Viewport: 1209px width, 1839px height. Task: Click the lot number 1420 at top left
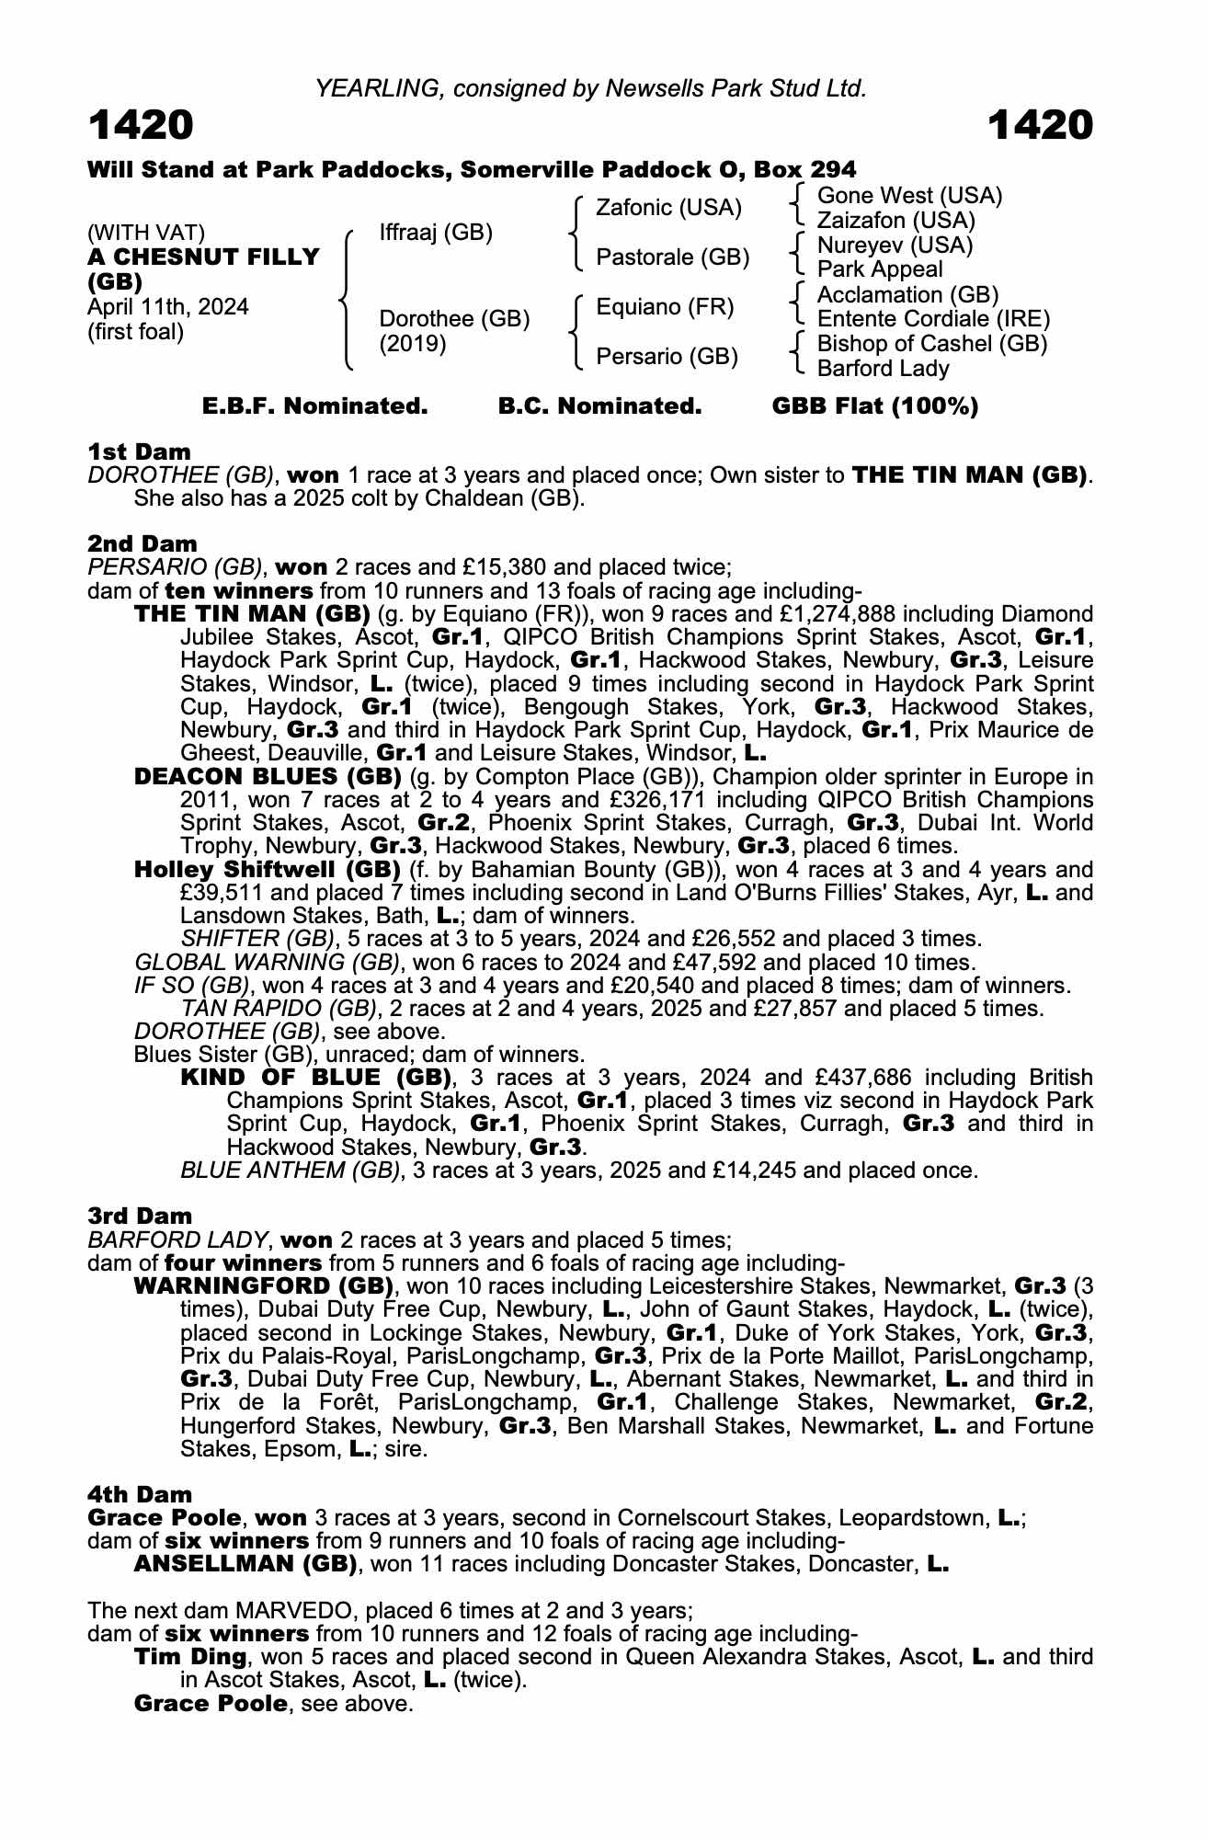point(141,126)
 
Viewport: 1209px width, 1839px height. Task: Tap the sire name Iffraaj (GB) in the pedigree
point(436,233)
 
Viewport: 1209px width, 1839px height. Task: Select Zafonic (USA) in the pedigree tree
point(668,208)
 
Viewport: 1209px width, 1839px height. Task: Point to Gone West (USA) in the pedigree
point(909,196)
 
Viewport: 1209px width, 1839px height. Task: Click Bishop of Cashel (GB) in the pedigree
point(932,344)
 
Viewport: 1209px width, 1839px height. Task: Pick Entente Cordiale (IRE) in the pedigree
point(933,319)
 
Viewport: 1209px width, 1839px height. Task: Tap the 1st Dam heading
point(139,451)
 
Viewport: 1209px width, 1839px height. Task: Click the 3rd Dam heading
point(140,1216)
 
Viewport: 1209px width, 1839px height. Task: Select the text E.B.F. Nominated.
point(314,406)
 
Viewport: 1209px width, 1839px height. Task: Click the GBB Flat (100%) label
point(874,406)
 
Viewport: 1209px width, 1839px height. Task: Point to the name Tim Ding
point(189,1657)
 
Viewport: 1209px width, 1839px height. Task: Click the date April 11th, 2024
point(167,307)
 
